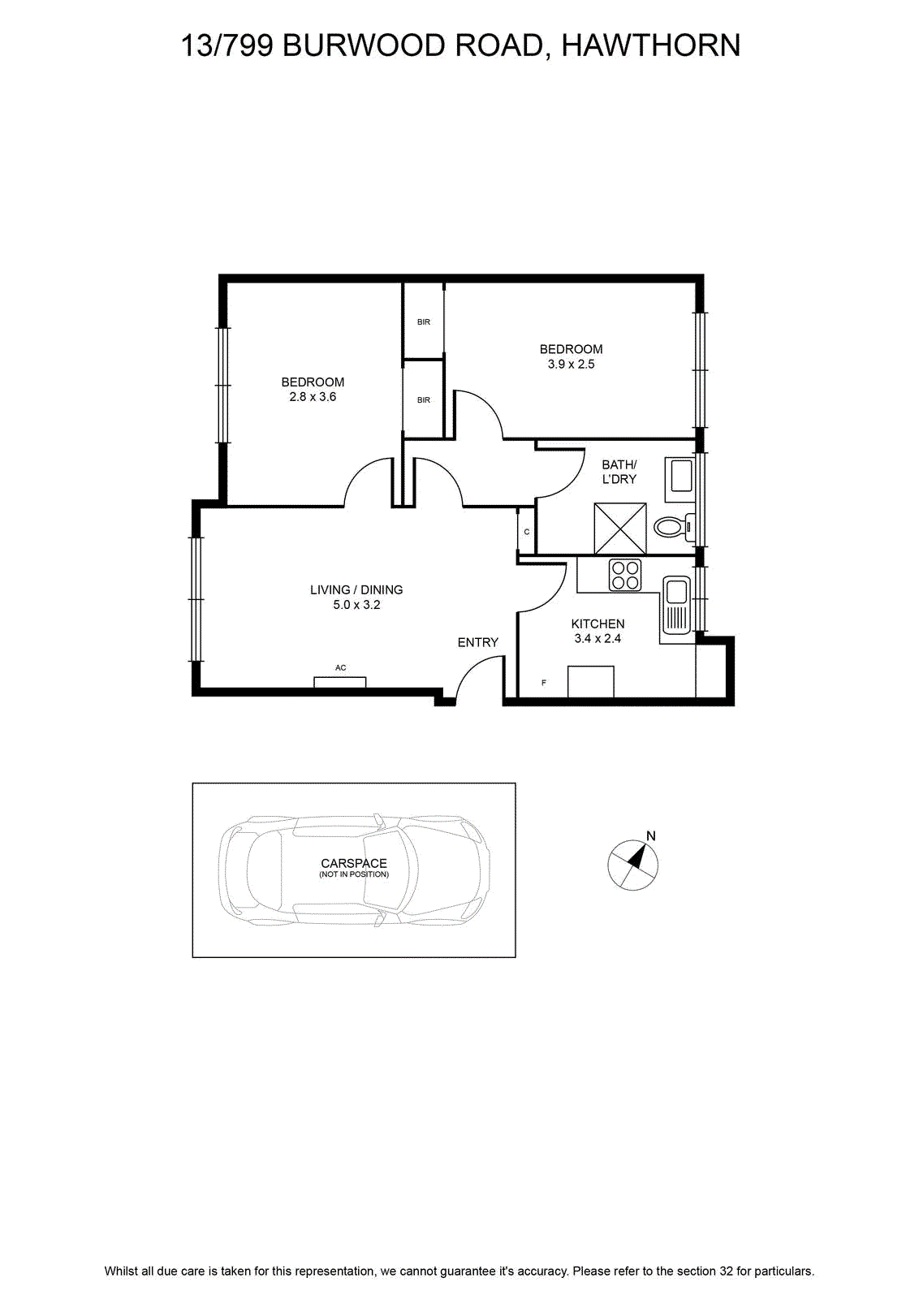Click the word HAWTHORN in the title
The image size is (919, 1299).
[x=651, y=45]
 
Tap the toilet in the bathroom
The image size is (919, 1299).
[x=675, y=527]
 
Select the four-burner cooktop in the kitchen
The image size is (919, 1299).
[x=624, y=574]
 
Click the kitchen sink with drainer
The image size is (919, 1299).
[x=675, y=604]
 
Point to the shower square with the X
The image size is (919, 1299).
[x=619, y=529]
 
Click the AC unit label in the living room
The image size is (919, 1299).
[x=340, y=667]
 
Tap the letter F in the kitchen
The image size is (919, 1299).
[x=543, y=683]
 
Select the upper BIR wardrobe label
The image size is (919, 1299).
[x=423, y=322]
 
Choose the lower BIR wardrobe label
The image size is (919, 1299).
[x=423, y=399]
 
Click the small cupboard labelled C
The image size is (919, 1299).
[x=526, y=532]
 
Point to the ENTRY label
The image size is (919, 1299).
[x=477, y=642]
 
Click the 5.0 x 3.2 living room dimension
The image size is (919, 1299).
[x=356, y=605]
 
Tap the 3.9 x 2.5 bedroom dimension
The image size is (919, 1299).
[x=571, y=365]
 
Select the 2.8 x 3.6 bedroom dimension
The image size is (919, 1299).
[x=313, y=397]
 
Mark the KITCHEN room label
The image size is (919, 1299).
[x=598, y=624]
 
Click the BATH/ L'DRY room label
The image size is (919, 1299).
[x=619, y=472]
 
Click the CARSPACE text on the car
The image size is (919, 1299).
[x=354, y=864]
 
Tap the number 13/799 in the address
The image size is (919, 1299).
[x=227, y=45]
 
